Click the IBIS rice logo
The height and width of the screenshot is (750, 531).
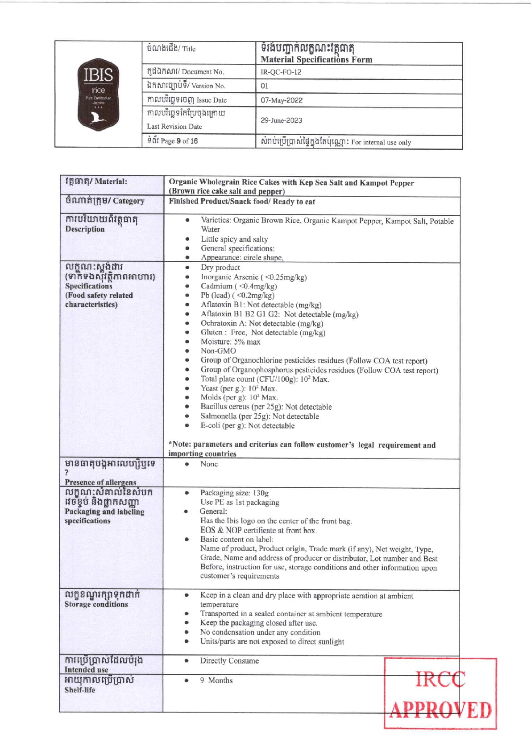(x=98, y=94)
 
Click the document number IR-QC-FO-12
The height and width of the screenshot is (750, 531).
(x=281, y=72)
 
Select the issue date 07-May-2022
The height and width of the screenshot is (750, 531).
(x=282, y=100)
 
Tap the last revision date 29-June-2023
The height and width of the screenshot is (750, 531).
(x=281, y=120)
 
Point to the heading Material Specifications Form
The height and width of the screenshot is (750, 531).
(x=316, y=59)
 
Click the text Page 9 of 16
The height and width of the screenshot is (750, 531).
(x=178, y=141)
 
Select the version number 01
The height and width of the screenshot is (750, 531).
(x=265, y=86)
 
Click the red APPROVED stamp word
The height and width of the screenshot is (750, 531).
(x=440, y=710)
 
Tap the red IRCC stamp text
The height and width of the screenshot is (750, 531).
(x=440, y=679)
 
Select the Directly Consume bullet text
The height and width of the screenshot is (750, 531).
(x=229, y=661)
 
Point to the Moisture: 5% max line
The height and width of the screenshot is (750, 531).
(x=230, y=342)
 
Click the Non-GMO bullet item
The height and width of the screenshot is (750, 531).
(x=218, y=351)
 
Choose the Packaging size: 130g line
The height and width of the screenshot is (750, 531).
(x=234, y=493)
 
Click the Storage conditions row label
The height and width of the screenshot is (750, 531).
(x=96, y=604)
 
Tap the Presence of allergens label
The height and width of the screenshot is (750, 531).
(x=100, y=482)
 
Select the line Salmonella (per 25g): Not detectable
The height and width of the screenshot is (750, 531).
(x=260, y=416)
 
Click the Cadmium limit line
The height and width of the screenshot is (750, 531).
(x=239, y=286)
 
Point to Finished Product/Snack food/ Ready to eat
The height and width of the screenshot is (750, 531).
(x=242, y=202)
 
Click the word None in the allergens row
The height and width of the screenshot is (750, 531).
(x=209, y=464)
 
